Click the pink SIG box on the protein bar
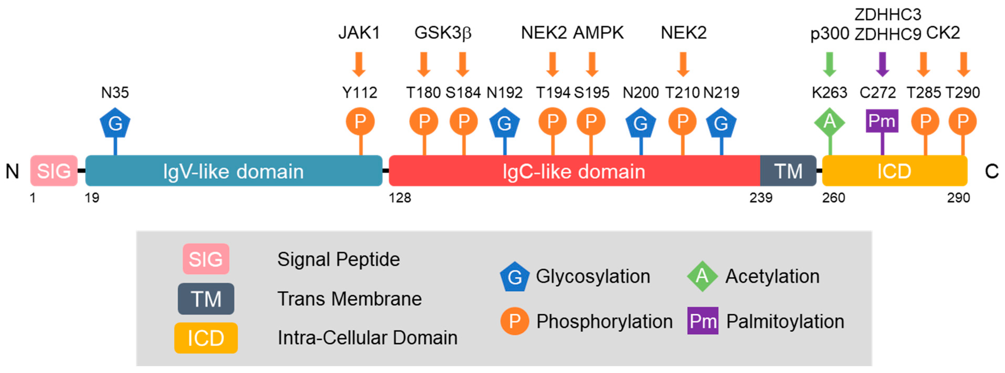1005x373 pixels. point(54,171)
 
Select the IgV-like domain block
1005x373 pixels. point(233,171)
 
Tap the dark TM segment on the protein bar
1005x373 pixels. point(788,171)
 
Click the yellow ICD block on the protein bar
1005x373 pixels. point(894,171)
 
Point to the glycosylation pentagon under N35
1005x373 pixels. point(115,123)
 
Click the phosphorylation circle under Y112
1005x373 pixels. point(360,122)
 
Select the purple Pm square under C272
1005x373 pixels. point(882,121)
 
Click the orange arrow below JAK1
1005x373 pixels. point(359,64)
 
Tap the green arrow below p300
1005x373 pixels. point(830,64)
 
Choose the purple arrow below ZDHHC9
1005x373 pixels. point(883,64)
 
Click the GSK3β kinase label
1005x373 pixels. point(443,33)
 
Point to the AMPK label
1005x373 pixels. point(598,33)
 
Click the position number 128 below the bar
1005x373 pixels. point(400,198)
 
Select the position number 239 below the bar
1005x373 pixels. point(761,198)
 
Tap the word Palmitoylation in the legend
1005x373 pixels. point(785,322)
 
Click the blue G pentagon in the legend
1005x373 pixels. point(515,277)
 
